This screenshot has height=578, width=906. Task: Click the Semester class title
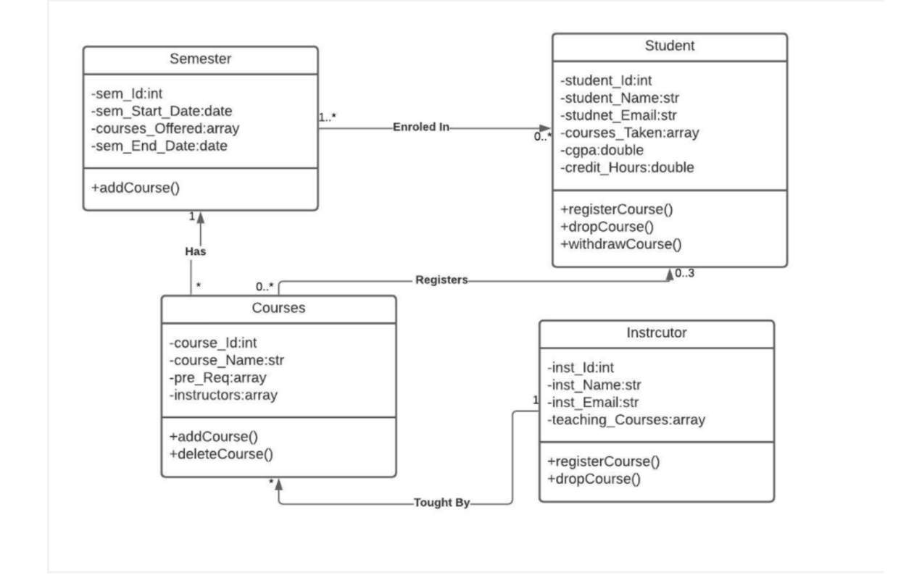point(200,59)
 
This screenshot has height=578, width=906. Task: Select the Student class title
point(670,46)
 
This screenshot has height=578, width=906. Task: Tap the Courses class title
point(278,308)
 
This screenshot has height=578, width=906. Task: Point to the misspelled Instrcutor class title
point(657,332)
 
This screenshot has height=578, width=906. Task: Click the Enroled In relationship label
point(421,127)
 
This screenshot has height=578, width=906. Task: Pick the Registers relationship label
point(441,280)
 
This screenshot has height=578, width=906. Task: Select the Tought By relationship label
point(441,503)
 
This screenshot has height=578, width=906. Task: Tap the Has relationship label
point(196,251)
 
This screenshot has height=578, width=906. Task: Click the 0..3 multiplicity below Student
point(684,273)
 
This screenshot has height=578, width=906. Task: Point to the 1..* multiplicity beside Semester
point(327,117)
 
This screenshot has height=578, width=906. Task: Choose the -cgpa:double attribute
point(602,151)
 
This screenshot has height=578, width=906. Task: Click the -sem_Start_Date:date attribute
point(162,111)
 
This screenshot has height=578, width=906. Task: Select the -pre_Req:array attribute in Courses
point(217,377)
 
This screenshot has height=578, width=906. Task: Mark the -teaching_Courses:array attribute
point(626,420)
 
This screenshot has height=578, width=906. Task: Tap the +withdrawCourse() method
point(621,244)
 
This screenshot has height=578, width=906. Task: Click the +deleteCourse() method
point(221,454)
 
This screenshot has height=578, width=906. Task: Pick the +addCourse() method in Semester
point(135,188)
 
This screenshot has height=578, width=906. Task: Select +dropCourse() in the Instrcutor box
point(594,479)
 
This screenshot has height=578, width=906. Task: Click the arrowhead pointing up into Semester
point(200,217)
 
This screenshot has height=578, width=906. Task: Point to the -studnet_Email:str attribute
point(618,116)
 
